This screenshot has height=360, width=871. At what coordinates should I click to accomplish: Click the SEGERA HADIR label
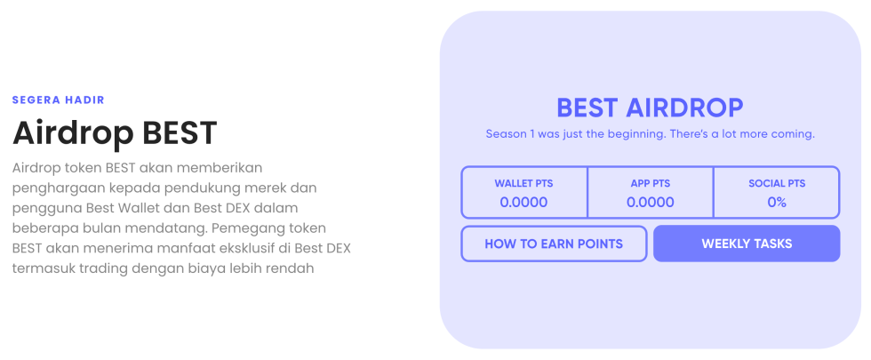point(58,100)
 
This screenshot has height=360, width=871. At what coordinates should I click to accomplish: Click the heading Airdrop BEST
point(115,133)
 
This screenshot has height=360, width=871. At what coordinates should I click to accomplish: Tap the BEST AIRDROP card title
point(650,108)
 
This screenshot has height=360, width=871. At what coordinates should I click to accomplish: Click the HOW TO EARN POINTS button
point(554,244)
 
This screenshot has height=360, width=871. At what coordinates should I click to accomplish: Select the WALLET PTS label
point(523,184)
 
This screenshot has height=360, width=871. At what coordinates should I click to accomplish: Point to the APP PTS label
point(650,184)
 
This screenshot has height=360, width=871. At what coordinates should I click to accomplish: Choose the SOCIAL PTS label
point(777,184)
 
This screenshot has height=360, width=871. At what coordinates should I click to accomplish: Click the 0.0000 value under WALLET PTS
point(523,203)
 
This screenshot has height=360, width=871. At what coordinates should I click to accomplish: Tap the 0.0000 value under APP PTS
point(650,203)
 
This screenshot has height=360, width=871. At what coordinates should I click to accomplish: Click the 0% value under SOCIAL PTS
point(777,203)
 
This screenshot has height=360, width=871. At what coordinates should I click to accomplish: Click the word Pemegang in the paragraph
point(250,228)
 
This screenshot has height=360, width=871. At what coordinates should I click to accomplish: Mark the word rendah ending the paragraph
point(291,268)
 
